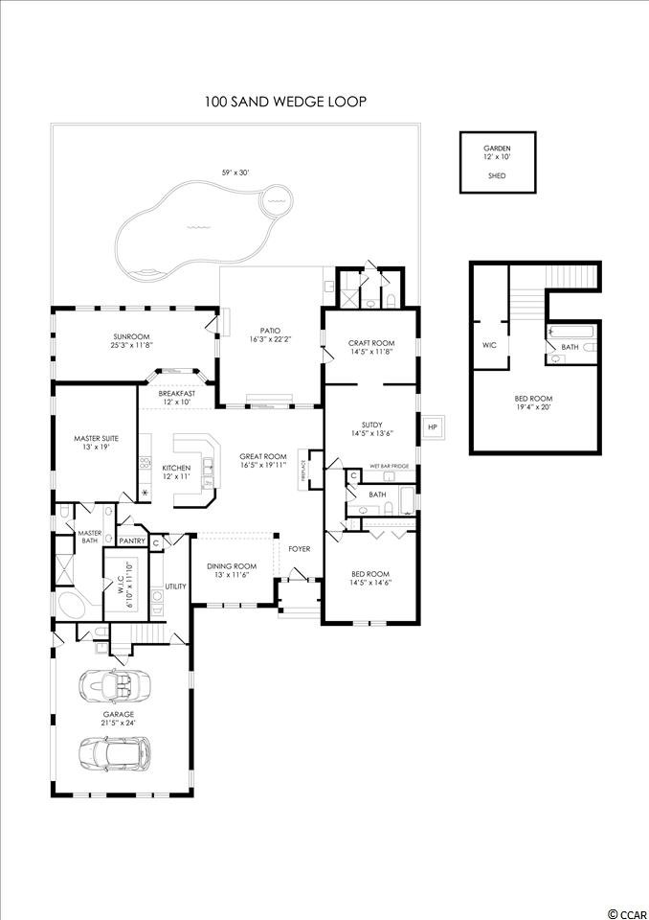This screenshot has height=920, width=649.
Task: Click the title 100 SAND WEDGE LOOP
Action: pyautogui.click(x=285, y=102)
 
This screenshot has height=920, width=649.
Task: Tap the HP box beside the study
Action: pyautogui.click(x=433, y=426)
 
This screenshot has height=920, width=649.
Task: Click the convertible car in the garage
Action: pyautogui.click(x=114, y=684)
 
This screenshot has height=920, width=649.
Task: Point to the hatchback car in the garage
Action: pyautogui.click(x=114, y=752)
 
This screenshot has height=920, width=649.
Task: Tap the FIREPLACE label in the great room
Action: pyautogui.click(x=303, y=470)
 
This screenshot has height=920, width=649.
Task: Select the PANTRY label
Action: pyautogui.click(x=132, y=540)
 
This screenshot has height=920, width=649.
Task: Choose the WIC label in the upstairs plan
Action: pyautogui.click(x=489, y=345)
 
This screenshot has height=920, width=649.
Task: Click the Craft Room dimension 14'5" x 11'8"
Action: pyautogui.click(x=371, y=352)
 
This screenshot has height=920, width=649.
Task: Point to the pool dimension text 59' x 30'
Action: pyautogui.click(x=235, y=172)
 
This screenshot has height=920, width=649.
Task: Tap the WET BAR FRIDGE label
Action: pyautogui.click(x=389, y=467)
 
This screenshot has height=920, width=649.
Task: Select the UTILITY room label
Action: pyautogui.click(x=175, y=586)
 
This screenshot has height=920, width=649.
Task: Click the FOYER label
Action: pyautogui.click(x=299, y=549)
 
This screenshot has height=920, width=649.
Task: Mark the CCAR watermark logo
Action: pyautogui.click(x=627, y=913)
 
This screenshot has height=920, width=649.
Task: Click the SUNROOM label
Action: pyautogui.click(x=132, y=336)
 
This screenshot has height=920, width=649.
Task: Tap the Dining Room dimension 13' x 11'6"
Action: pyautogui.click(x=233, y=574)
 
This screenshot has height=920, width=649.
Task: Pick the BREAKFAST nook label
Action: pyautogui.click(x=176, y=393)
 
